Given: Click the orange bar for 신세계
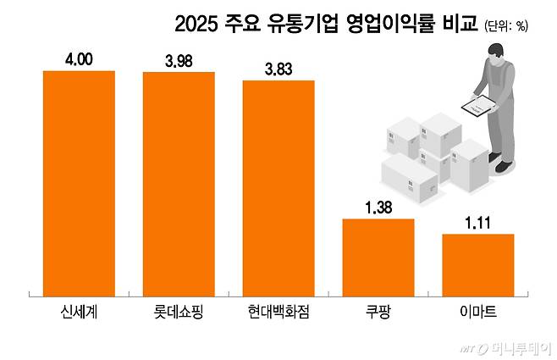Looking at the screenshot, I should point(79,182).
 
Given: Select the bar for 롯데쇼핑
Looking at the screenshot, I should point(179,184).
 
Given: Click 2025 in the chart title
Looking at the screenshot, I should point(196,25).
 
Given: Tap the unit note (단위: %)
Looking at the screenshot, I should point(505,26).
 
